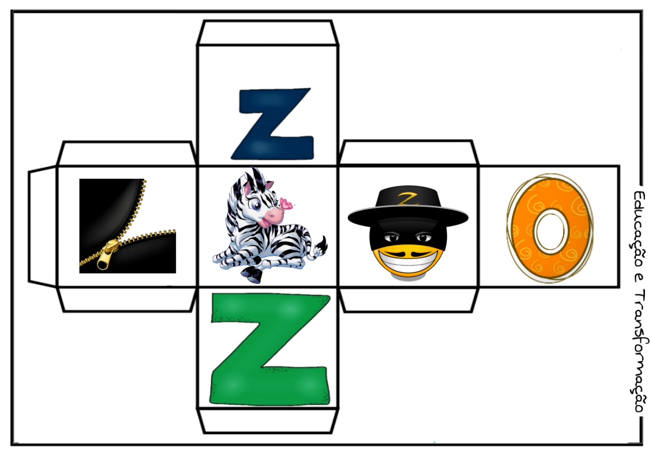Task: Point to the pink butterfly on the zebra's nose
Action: tap(286, 204)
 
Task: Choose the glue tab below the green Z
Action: tap(267, 421)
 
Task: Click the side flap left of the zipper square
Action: tap(42, 227)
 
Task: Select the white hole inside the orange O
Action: tap(549, 231)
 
